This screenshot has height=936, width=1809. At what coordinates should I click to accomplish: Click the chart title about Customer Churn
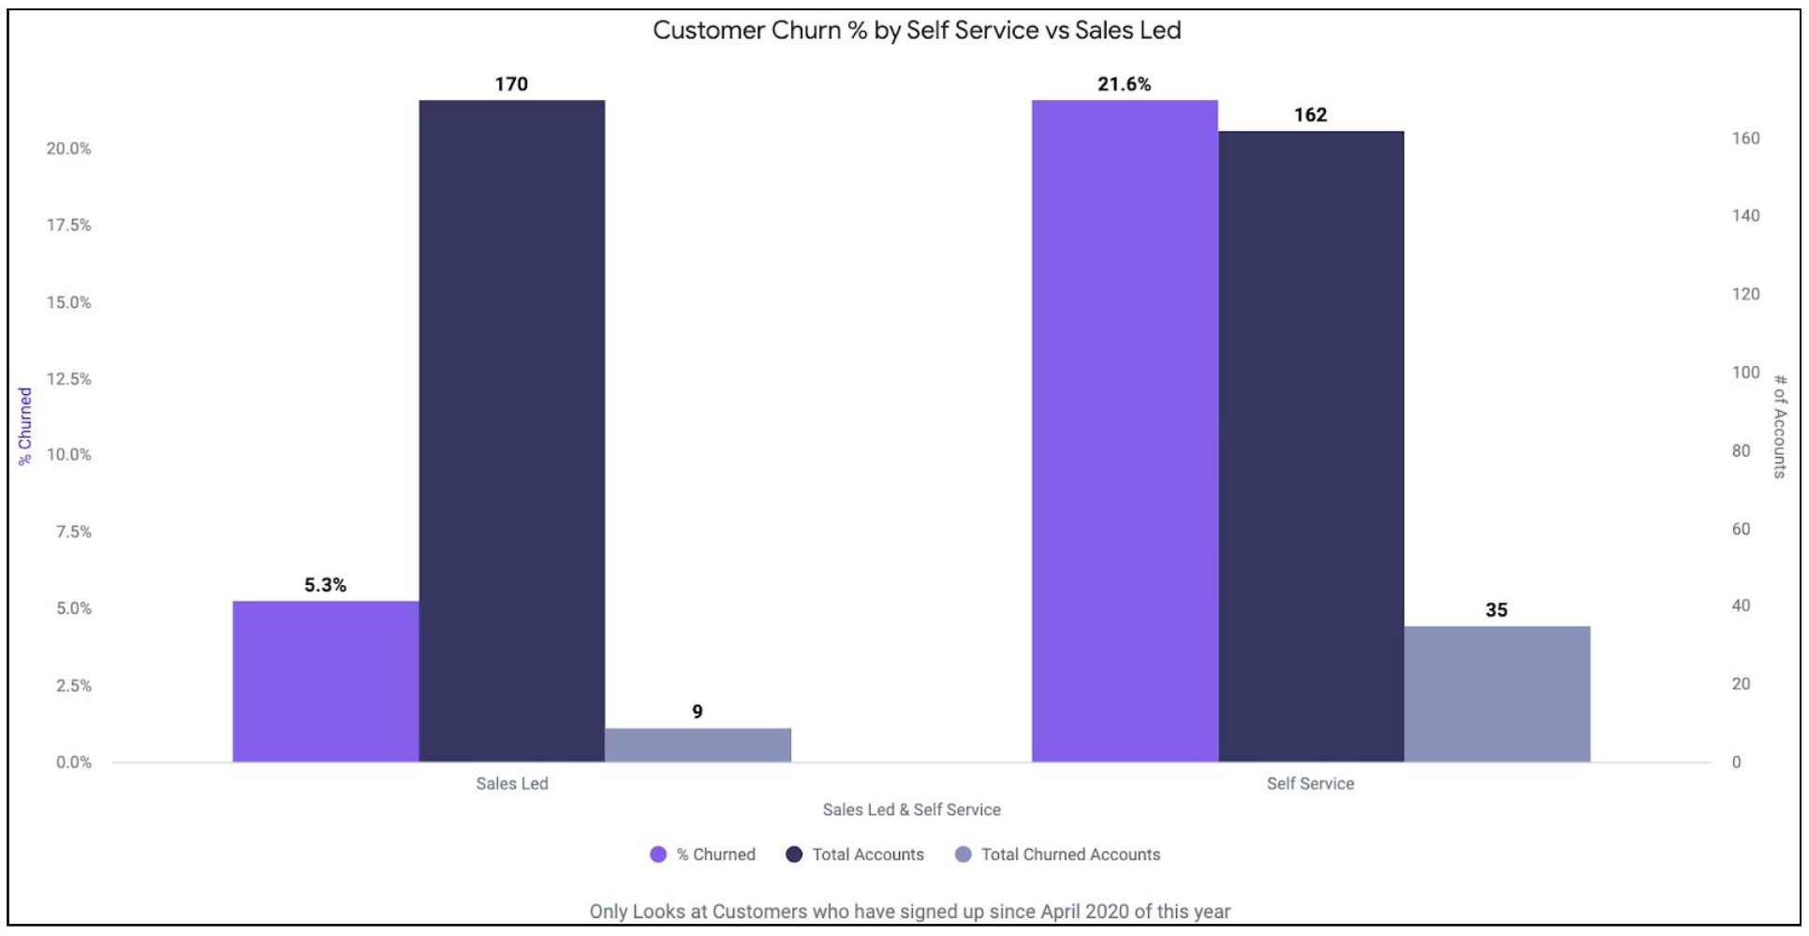[x=916, y=30]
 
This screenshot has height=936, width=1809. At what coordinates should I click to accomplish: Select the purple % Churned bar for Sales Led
[x=325, y=681]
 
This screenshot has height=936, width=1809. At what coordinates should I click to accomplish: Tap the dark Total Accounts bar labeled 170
[x=511, y=431]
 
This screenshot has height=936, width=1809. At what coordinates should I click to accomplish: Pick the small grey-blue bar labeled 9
[x=698, y=745]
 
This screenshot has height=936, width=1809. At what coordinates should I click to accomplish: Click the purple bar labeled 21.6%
[x=1125, y=431]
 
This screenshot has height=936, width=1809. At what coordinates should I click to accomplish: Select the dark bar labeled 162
[x=1310, y=446]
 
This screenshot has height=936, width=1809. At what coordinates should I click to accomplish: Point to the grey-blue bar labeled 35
[x=1496, y=694]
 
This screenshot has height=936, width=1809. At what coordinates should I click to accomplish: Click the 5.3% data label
[x=325, y=585]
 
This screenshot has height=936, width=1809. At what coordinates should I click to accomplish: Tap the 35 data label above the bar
[x=1496, y=610]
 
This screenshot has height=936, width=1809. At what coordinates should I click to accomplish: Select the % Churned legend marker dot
[x=658, y=855]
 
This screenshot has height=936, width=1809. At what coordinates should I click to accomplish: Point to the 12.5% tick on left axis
[x=69, y=379]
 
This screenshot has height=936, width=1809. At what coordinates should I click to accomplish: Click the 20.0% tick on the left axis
[x=69, y=149]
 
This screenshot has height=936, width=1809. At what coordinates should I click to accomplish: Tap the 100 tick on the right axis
[x=1745, y=373]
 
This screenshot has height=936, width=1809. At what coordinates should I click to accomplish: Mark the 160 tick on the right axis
[x=1745, y=139]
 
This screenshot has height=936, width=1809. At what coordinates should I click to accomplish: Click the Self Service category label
[x=1310, y=783]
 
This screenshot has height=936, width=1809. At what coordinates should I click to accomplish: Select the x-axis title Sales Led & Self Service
[x=911, y=810]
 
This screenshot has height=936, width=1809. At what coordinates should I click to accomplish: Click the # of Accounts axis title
[x=1780, y=426]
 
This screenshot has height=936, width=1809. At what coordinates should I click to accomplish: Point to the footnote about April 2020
[x=909, y=911]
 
